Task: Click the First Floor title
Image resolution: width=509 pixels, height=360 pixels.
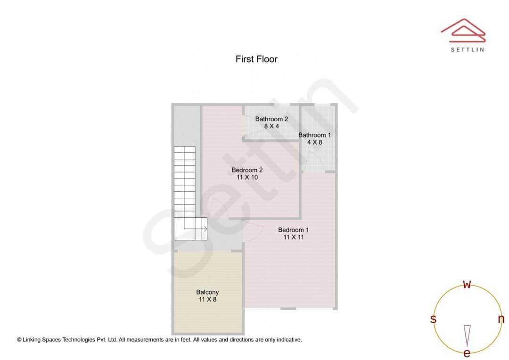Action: [x=256, y=59]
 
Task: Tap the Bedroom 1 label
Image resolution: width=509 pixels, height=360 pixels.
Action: [x=293, y=230]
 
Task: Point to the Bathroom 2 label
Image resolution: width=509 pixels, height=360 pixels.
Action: [x=271, y=119]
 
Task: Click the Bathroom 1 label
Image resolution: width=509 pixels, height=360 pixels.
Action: [x=314, y=135]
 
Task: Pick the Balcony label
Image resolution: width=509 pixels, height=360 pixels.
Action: [x=207, y=292]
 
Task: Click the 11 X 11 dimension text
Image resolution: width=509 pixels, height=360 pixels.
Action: [x=293, y=237]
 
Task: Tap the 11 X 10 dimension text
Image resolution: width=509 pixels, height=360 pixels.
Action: [x=247, y=178]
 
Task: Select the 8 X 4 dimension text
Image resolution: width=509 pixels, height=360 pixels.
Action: [x=271, y=126]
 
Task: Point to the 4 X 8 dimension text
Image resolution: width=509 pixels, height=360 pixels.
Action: [x=314, y=142]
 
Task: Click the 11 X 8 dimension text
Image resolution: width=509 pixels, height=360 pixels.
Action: [x=207, y=299]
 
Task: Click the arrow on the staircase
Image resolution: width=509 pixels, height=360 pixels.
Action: [x=205, y=229]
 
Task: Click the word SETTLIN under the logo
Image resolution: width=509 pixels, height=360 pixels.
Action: [x=467, y=49]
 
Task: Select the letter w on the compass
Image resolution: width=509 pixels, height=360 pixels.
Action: [x=467, y=284]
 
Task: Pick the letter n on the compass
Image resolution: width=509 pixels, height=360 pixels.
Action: [x=501, y=319]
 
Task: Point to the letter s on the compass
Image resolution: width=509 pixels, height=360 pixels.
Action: [x=433, y=319]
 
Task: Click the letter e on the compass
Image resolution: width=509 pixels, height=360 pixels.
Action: [x=467, y=353]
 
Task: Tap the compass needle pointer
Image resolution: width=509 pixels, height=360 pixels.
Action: [x=467, y=335]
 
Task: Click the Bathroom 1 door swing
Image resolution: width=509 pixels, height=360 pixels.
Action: [x=313, y=162]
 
